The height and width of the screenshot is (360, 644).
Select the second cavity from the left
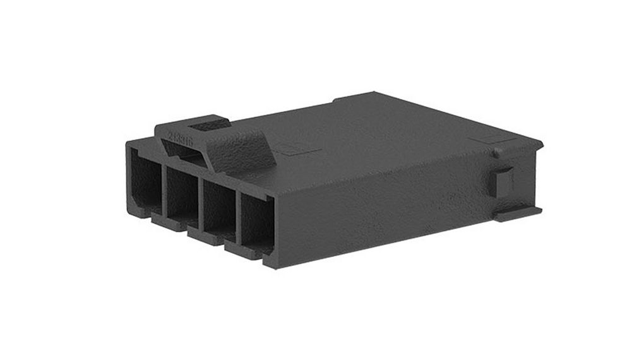(181, 193)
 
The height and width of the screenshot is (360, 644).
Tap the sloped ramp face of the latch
(243, 152)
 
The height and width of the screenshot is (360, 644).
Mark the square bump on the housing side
(504, 183)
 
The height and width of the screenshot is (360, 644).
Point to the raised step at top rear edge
(354, 98)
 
